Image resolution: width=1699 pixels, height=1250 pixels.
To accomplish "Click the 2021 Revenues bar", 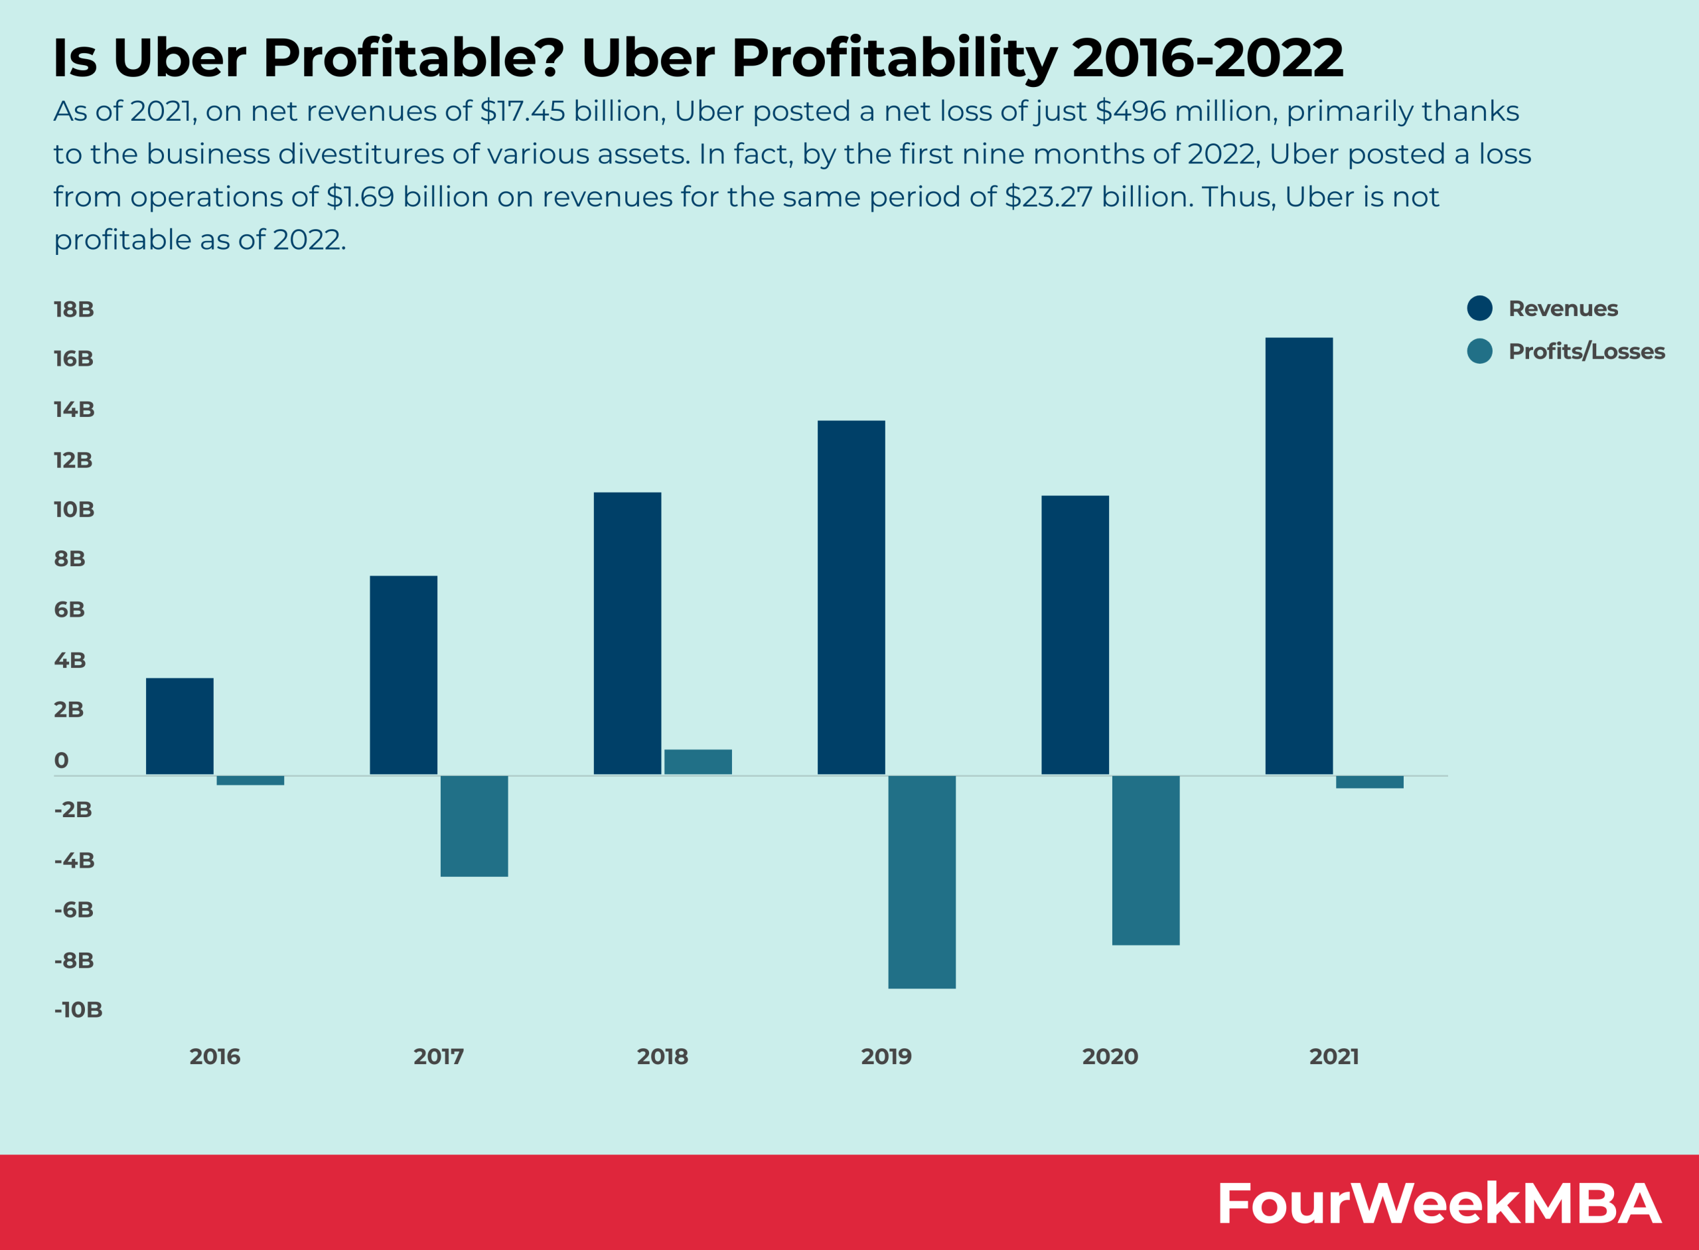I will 1298,556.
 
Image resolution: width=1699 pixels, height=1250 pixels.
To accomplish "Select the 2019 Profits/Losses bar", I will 921,882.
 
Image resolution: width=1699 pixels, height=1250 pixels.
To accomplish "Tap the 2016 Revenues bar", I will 179,726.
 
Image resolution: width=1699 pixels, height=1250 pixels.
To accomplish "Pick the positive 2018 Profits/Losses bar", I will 698,762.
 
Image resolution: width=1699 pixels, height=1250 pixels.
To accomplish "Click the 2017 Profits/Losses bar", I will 474,826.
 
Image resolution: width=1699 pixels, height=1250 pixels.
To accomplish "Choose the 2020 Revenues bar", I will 1074,635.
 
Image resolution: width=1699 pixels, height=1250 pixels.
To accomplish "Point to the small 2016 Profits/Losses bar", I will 250,780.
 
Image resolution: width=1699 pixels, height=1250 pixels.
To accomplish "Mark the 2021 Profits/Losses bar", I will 1369,781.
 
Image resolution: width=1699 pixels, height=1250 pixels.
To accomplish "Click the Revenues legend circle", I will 1479,308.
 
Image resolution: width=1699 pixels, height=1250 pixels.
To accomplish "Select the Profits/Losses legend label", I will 1586,351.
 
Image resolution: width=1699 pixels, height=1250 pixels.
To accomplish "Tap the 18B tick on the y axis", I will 74,309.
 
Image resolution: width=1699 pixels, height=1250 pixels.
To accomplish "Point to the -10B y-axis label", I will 78,1010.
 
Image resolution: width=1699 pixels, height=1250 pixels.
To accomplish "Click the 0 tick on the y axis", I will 61,761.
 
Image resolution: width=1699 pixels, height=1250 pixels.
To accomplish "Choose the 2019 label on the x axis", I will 886,1056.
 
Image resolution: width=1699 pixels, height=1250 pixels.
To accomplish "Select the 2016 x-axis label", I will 215,1056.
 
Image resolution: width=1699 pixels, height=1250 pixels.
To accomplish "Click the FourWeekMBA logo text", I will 1438,1202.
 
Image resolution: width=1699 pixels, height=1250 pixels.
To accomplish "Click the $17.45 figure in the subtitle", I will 522,112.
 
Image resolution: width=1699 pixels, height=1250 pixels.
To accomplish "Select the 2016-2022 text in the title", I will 1207,58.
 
